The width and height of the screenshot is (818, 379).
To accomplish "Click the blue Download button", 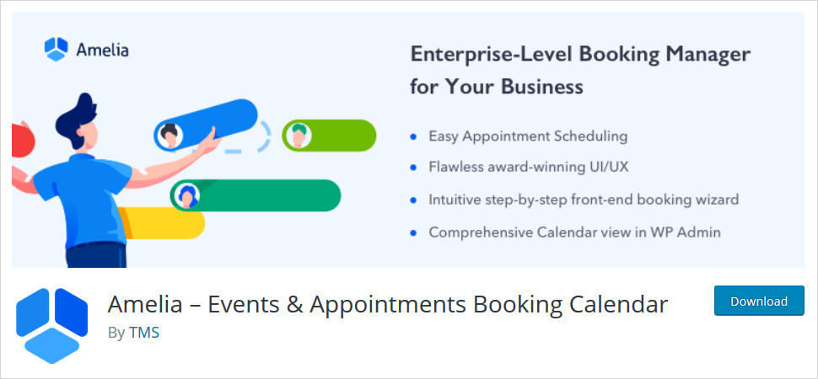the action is click(759, 301).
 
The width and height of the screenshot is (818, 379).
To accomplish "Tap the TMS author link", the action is click(144, 333).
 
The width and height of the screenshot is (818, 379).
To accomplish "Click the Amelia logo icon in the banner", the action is click(57, 50).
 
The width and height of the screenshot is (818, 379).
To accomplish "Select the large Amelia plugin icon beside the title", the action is click(52, 325).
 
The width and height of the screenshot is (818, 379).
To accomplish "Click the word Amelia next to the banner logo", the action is click(102, 50).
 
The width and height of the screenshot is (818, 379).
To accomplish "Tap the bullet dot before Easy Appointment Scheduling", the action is click(414, 136).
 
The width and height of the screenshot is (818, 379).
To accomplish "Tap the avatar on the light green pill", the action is click(298, 136).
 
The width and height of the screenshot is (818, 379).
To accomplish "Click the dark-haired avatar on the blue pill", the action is click(169, 136).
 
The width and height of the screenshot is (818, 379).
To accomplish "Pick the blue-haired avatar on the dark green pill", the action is click(186, 196).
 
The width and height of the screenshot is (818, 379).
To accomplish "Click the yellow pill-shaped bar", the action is click(162, 223).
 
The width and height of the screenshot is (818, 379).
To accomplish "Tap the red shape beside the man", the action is click(23, 139).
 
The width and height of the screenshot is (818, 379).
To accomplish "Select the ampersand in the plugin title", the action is click(293, 304).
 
